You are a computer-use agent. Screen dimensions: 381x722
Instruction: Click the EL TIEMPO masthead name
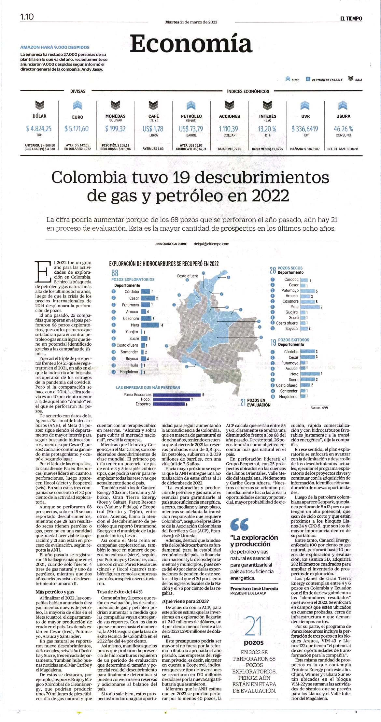[x=351, y=19]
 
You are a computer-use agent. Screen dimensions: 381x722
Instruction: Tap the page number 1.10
[x=27, y=17]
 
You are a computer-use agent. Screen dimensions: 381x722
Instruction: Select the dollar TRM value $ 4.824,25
[x=39, y=129]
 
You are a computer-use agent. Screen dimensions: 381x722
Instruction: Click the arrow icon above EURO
[x=78, y=105]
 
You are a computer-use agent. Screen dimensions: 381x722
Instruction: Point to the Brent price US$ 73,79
[x=191, y=129]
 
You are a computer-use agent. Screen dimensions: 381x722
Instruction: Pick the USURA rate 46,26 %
[x=343, y=129]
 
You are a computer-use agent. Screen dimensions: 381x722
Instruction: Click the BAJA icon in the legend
[x=351, y=79]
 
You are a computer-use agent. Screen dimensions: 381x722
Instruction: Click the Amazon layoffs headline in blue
[x=55, y=47]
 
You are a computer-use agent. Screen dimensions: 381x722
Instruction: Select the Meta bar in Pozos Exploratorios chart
[x=150, y=325]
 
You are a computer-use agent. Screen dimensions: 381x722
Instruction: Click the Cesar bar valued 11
[x=148, y=298]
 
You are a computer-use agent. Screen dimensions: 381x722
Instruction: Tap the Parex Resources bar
[x=177, y=395]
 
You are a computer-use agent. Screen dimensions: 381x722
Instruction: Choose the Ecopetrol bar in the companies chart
[x=169, y=404]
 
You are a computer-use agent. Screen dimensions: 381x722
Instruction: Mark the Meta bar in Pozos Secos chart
[x=310, y=307]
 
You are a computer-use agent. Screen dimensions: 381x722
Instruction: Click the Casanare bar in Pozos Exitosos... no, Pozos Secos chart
[x=307, y=302]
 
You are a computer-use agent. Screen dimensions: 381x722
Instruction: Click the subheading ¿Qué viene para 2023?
[x=185, y=601]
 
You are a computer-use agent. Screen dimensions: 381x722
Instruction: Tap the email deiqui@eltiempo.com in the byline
[x=211, y=244]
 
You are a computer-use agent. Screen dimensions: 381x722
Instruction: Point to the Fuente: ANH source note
[x=319, y=408]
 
